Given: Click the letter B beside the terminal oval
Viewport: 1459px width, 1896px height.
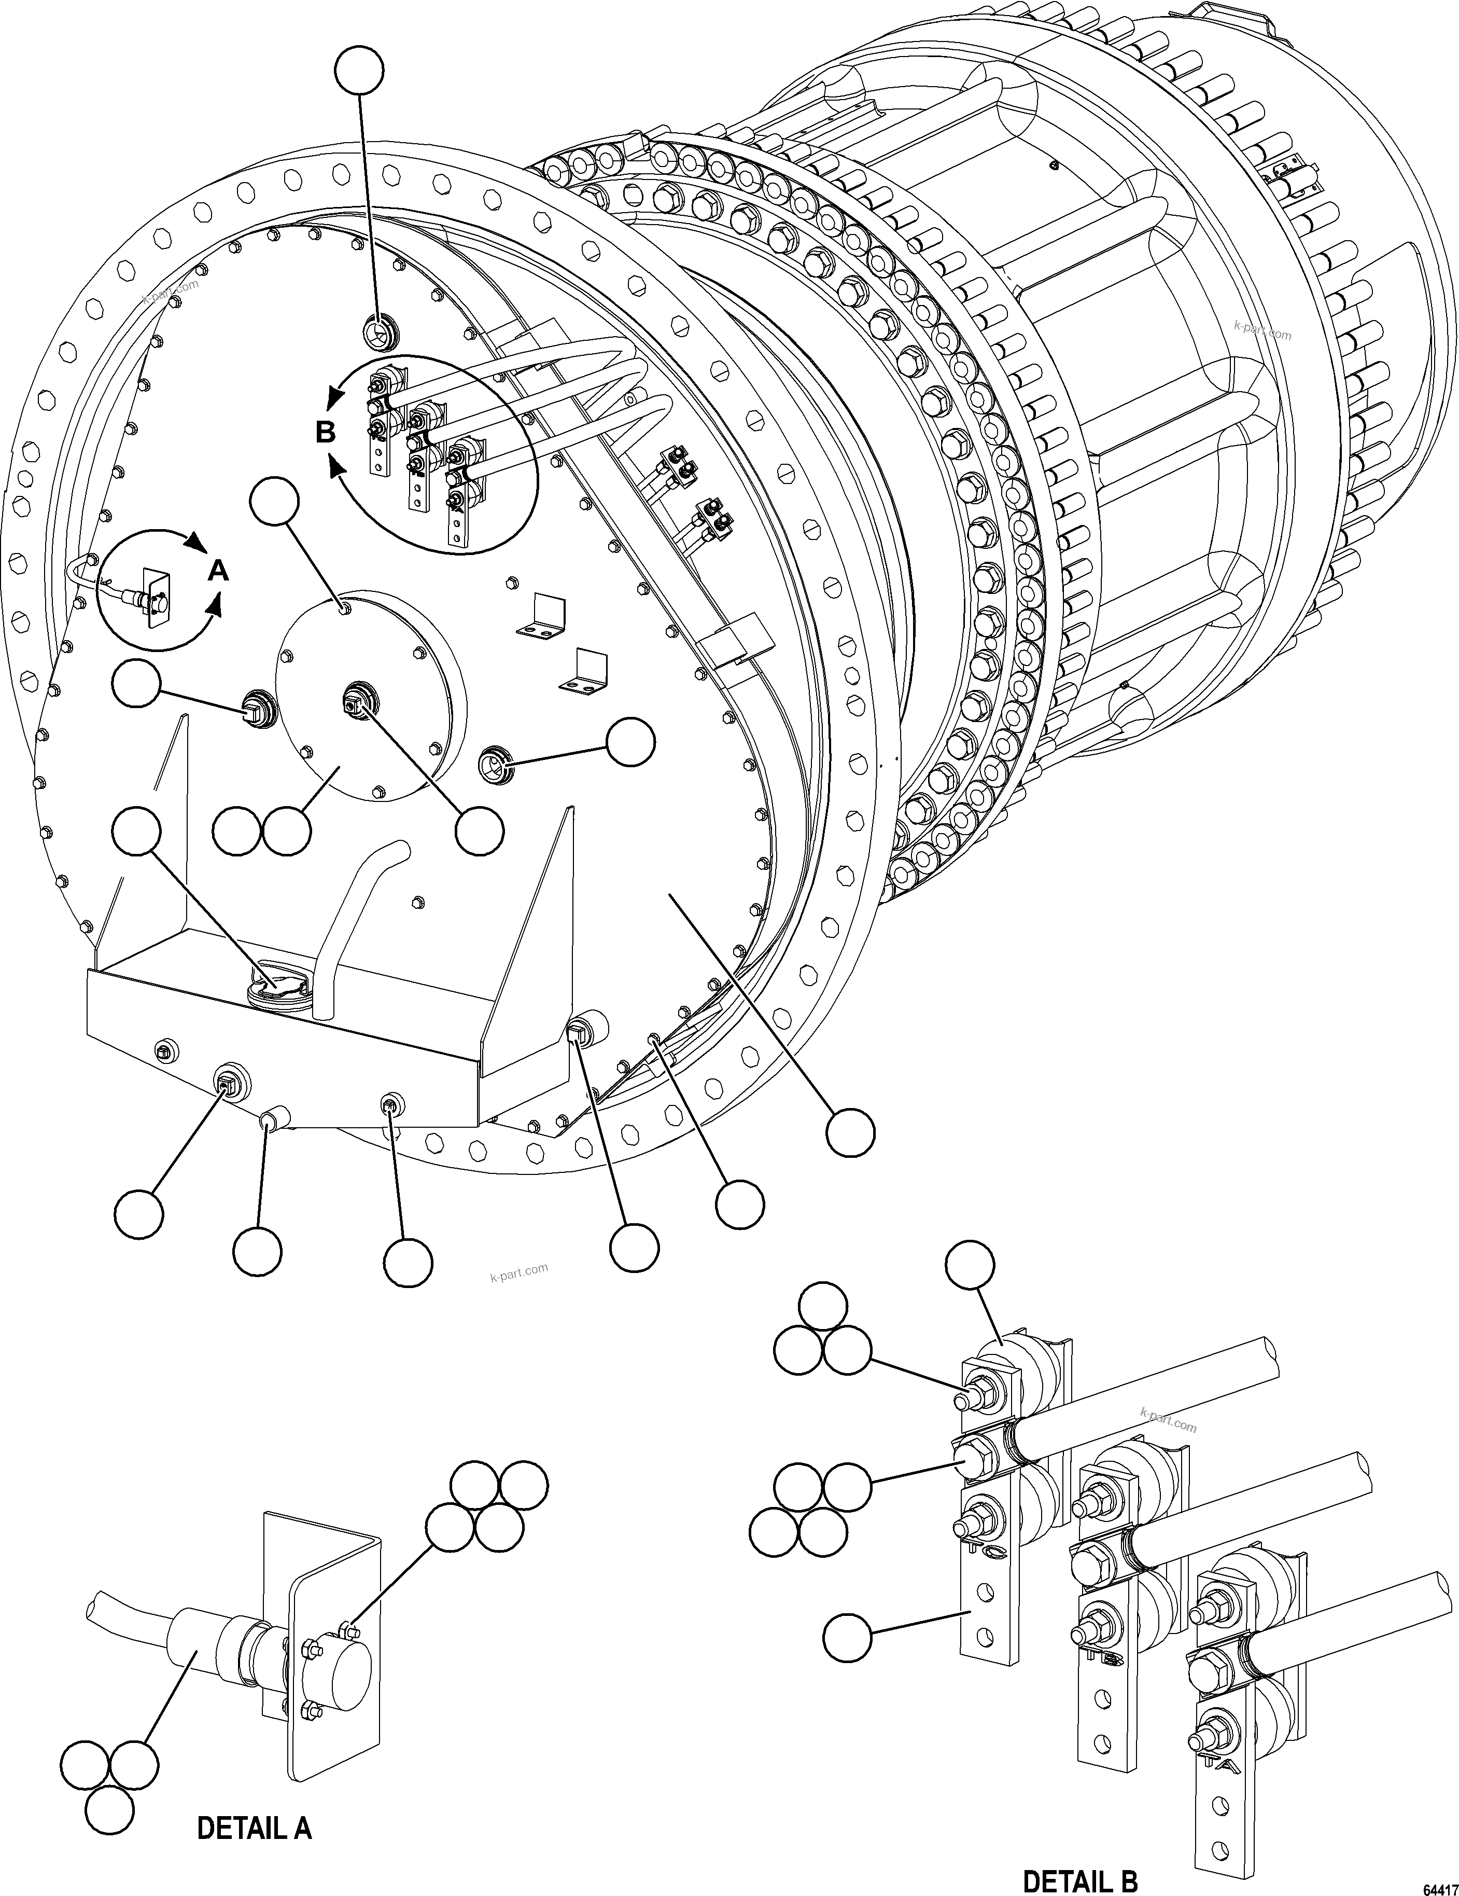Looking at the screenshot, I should click(x=326, y=432).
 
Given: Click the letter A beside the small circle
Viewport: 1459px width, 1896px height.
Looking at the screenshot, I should click(x=220, y=571).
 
